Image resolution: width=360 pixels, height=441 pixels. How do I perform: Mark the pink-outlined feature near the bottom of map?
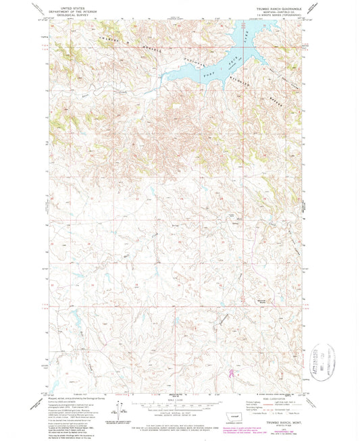click(x=233, y=371)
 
